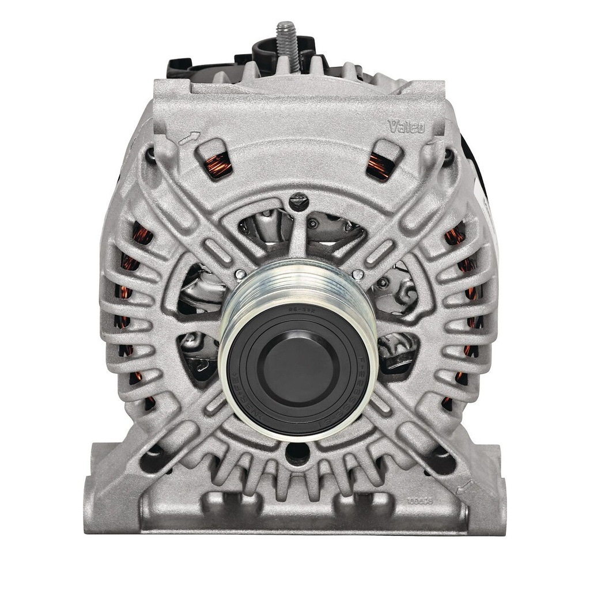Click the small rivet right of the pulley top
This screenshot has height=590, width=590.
358,275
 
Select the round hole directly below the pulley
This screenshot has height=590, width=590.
297,453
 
